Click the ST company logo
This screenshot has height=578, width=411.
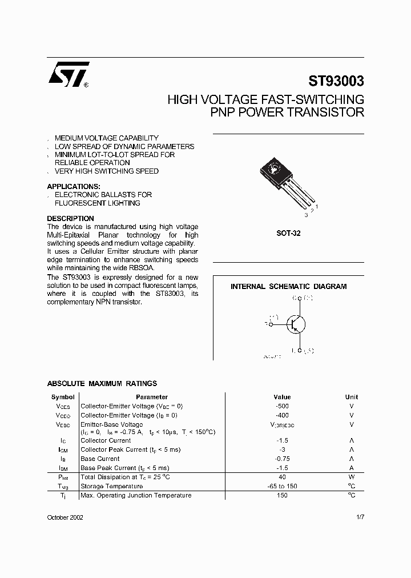(x=68, y=75)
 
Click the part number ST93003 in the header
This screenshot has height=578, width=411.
(x=336, y=81)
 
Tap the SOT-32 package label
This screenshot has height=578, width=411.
(x=288, y=234)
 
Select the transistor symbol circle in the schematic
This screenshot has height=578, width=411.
(x=296, y=324)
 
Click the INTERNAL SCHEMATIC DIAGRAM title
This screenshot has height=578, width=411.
(x=288, y=287)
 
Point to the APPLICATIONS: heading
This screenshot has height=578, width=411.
(x=73, y=187)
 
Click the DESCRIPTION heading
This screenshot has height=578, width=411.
(x=70, y=219)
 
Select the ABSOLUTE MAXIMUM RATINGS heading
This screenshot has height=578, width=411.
(x=102, y=384)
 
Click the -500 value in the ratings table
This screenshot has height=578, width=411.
(x=282, y=406)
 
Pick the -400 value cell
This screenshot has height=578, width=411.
(x=282, y=415)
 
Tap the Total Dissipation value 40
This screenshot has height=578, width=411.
(x=282, y=477)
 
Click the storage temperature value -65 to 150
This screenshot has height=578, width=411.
(x=282, y=486)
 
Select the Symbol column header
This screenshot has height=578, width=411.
(x=63, y=397)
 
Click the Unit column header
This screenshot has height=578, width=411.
(x=352, y=397)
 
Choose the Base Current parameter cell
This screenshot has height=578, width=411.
(x=100, y=459)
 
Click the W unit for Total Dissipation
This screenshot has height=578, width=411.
(x=352, y=477)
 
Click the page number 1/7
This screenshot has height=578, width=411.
(x=360, y=516)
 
